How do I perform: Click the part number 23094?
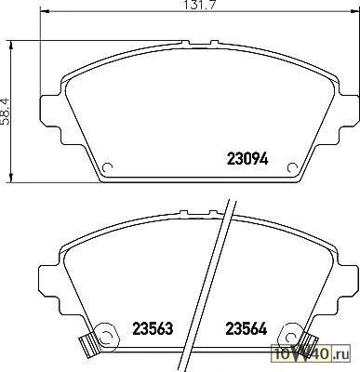click(x=247, y=159)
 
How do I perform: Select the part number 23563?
click(x=153, y=328)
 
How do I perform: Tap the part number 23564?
click(x=247, y=328)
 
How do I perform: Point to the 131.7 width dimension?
click(x=200, y=5)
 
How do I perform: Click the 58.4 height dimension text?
click(x=6, y=112)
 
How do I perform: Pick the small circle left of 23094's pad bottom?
click(x=107, y=167)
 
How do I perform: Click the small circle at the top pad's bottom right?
click(x=292, y=167)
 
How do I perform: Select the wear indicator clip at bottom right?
click(x=309, y=340)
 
